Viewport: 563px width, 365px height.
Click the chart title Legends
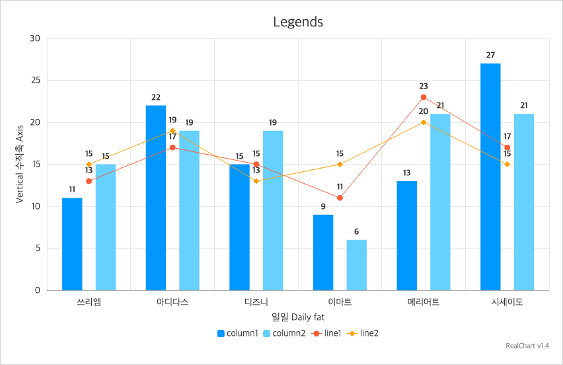[298, 22]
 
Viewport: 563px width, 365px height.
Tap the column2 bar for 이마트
[356, 264]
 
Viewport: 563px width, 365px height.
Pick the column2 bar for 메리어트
[440, 202]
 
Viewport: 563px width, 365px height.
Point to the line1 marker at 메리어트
[424, 97]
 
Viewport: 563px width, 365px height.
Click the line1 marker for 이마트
[340, 198]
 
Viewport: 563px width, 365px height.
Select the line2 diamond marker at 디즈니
[256, 181]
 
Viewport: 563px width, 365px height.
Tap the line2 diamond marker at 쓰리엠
[89, 164]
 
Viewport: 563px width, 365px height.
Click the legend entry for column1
[237, 333]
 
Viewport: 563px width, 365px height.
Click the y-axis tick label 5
[38, 249]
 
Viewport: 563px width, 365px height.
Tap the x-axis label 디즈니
[256, 302]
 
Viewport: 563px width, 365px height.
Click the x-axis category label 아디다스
[172, 302]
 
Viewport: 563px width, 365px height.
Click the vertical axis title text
[20, 165]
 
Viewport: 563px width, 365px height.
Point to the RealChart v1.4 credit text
[527, 346]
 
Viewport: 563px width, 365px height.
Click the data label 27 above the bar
[490, 56]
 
